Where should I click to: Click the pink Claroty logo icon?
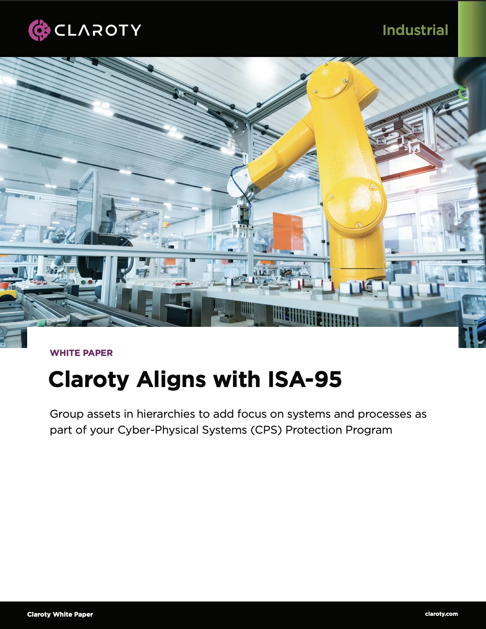tap(39, 30)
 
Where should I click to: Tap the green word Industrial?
tap(415, 30)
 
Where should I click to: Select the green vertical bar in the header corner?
tap(472, 29)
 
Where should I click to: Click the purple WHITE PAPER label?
tap(81, 353)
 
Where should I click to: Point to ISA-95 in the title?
tap(305, 379)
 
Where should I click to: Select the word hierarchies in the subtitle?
tap(166, 414)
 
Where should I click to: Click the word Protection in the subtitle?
tap(313, 430)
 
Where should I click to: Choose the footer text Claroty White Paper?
tap(60, 614)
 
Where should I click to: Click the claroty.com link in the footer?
tap(441, 614)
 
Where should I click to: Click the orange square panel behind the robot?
tap(288, 231)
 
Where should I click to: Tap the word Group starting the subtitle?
tap(66, 414)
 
